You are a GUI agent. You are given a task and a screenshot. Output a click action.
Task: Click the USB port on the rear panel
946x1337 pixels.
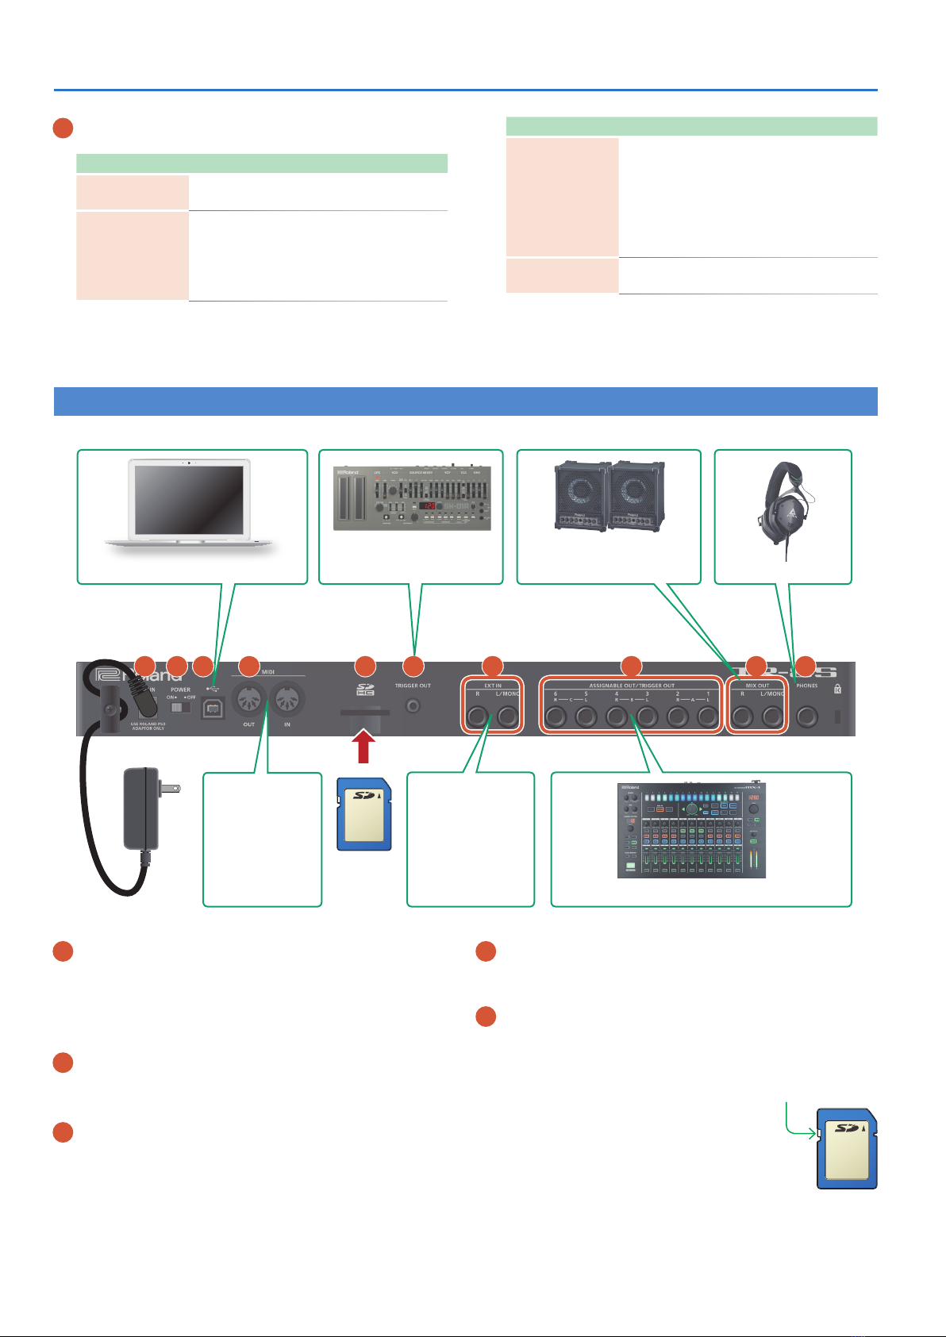213,708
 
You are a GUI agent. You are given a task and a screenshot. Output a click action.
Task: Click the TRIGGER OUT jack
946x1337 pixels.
413,705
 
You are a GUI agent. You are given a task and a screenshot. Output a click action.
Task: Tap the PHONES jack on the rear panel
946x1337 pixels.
806,717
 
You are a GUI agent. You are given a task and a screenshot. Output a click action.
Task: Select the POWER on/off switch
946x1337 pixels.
182,706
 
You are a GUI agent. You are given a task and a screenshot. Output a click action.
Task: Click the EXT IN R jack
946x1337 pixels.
477,717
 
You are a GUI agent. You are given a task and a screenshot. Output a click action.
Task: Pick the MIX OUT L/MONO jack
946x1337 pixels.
772,717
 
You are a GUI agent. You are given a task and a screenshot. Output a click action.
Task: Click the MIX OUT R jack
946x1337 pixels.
742,717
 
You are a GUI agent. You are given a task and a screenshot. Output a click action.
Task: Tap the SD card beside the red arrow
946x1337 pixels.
363,813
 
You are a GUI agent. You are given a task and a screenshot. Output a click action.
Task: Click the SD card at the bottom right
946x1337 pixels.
847,1148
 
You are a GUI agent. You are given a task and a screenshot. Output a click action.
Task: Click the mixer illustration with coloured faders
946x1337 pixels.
692,830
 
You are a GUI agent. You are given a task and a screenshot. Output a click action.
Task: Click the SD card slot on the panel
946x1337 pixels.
364,713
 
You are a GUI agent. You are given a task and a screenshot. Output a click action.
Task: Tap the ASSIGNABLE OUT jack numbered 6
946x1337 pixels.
555,717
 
